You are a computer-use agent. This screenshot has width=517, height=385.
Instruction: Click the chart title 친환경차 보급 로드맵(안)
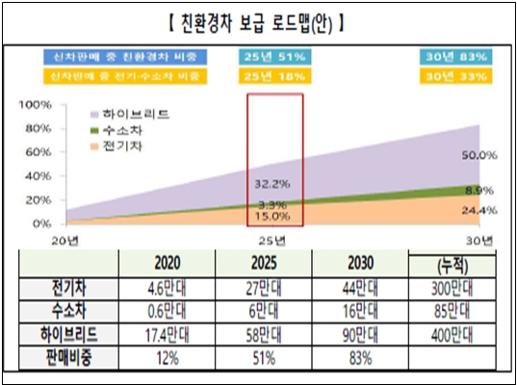(259, 19)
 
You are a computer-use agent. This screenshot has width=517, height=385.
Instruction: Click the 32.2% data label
(274, 181)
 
